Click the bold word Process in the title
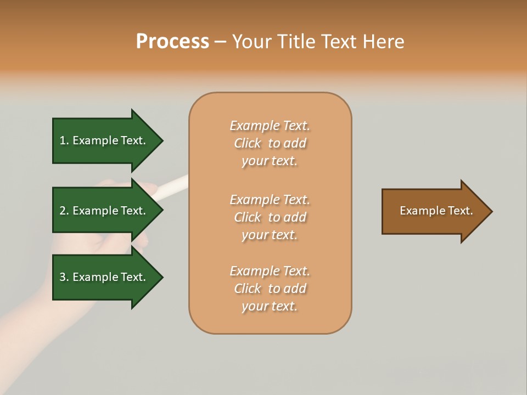(172, 42)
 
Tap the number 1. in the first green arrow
(64, 140)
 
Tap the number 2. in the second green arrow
(64, 211)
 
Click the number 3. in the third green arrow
(64, 277)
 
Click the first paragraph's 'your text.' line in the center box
(270, 161)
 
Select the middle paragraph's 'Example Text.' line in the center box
(270, 200)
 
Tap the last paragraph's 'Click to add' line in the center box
(270, 289)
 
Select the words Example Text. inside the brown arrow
(436, 211)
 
